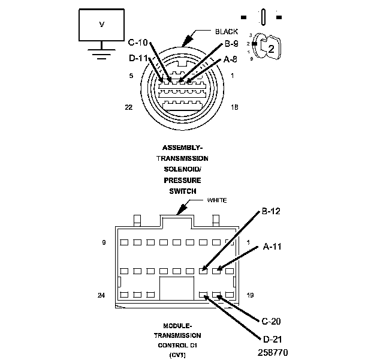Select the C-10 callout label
point(139,43)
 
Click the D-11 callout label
point(139,59)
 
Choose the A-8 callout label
point(230,59)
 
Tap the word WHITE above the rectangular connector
point(217,200)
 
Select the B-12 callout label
point(272,211)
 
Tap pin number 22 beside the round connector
point(128,107)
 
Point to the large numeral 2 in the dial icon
point(271,49)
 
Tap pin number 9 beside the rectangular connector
point(104,242)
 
